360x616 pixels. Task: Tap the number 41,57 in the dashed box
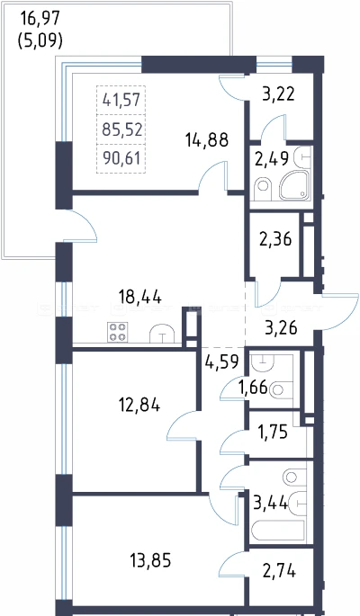[121, 101]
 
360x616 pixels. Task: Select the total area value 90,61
[121, 158]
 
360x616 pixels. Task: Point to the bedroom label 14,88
[208, 139]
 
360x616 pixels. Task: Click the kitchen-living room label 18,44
[139, 298]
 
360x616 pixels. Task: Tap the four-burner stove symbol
[118, 332]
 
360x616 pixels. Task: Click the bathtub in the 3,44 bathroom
[278, 531]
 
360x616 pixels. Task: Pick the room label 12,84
[139, 405]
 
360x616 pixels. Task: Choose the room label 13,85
[150, 560]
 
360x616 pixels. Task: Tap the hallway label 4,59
[221, 362]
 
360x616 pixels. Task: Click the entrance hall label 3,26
[281, 327]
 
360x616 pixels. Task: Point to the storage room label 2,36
[275, 239]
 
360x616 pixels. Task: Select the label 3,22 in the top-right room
[278, 94]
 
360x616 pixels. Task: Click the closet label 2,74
[279, 572]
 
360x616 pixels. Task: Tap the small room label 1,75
[273, 432]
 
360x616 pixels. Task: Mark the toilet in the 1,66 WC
[282, 389]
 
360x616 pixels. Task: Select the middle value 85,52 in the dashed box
[121, 129]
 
